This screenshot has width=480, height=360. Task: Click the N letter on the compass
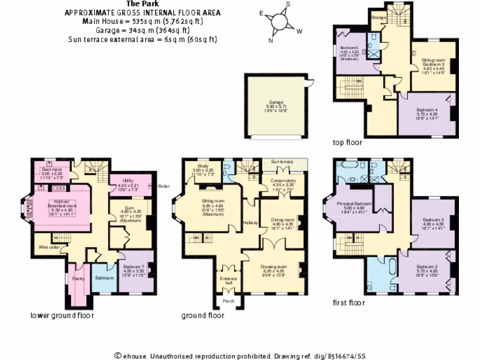click(x=270, y=40)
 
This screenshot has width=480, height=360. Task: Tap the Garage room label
click(x=276, y=102)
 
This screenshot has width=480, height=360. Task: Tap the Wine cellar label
click(x=49, y=247)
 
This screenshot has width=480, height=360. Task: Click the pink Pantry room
click(x=78, y=278)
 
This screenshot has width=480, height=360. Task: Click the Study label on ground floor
click(x=202, y=165)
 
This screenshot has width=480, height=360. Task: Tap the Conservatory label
click(x=283, y=180)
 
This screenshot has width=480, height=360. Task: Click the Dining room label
click(x=283, y=219)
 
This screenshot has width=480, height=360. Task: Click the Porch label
click(x=228, y=300)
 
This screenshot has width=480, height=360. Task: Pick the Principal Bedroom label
click(x=354, y=204)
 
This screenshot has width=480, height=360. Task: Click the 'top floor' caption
click(x=347, y=142)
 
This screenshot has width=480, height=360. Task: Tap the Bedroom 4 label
click(x=427, y=110)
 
